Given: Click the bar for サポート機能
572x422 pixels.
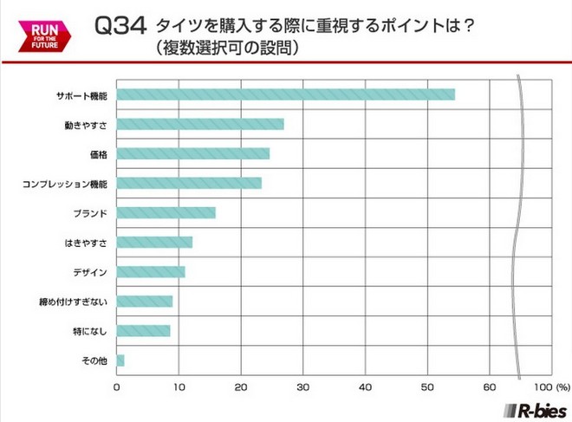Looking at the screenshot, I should tap(285, 94).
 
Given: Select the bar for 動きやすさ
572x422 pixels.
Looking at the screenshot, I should tap(200, 124).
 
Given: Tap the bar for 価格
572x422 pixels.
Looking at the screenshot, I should tap(192, 153).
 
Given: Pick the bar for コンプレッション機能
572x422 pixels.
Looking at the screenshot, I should tap(189, 183).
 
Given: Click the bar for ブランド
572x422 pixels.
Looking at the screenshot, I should tap(166, 212).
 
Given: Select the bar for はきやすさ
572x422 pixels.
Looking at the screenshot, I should tap(154, 242).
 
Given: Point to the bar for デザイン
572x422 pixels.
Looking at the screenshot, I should tap(151, 272).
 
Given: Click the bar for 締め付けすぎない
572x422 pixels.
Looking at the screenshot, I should tap(145, 302).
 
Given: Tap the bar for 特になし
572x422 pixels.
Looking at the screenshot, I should tap(143, 331).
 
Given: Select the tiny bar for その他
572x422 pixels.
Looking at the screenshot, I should tap(120, 360).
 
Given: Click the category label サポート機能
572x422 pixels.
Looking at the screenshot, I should tap(80, 94).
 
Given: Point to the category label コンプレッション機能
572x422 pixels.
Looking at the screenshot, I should tap(66, 184).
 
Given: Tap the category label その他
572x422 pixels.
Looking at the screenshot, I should tap(94, 360).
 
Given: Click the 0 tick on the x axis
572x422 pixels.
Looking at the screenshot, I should tap(117, 386).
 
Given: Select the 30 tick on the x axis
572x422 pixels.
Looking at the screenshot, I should tap(303, 386).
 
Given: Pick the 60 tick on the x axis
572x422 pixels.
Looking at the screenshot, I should tap(490, 386).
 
